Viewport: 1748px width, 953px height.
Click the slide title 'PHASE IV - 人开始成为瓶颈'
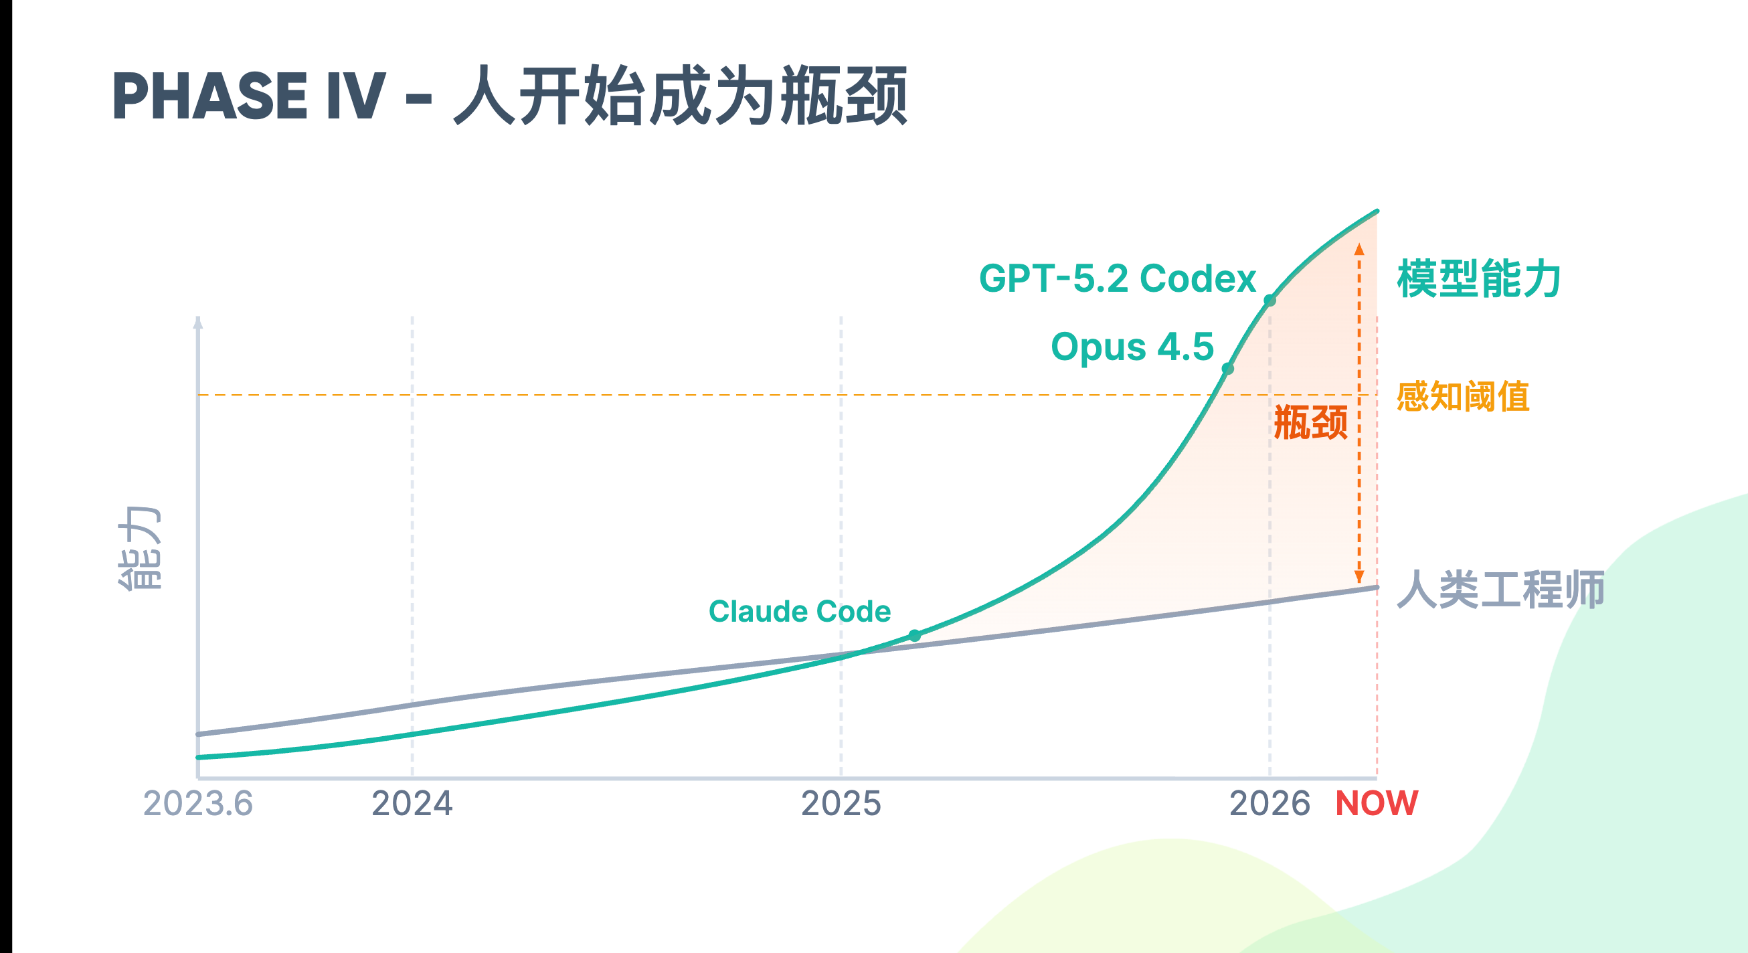pyautogui.click(x=509, y=96)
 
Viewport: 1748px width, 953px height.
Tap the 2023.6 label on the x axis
pyautogui.click(x=197, y=804)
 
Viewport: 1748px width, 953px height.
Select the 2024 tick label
pyautogui.click(x=412, y=804)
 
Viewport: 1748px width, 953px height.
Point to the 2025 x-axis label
pyautogui.click(x=841, y=804)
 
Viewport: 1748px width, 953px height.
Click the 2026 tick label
pyautogui.click(x=1270, y=804)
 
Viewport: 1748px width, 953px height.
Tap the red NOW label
pyautogui.click(x=1376, y=804)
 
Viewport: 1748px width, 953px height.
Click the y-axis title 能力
pyautogui.click(x=139, y=549)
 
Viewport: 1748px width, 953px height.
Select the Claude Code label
pyautogui.click(x=799, y=612)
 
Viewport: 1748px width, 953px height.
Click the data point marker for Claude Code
pyautogui.click(x=915, y=636)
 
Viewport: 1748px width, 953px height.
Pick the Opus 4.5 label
pyautogui.click(x=1132, y=347)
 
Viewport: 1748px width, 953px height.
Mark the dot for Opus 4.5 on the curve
pyautogui.click(x=1227, y=369)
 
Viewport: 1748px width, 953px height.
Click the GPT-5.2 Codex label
pyautogui.click(x=1117, y=278)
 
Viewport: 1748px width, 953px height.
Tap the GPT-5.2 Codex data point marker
pyautogui.click(x=1270, y=300)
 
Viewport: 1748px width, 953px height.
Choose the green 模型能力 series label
pyautogui.click(x=1478, y=279)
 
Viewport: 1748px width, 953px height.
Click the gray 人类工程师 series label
pyautogui.click(x=1500, y=589)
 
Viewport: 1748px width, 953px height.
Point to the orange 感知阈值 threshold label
pyautogui.click(x=1462, y=396)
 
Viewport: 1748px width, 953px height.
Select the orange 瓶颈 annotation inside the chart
pyautogui.click(x=1310, y=422)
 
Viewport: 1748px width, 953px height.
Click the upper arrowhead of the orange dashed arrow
pyautogui.click(x=1359, y=249)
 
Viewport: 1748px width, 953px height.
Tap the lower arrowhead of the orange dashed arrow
pyautogui.click(x=1359, y=578)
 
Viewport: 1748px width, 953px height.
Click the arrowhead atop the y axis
pyautogui.click(x=198, y=323)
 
